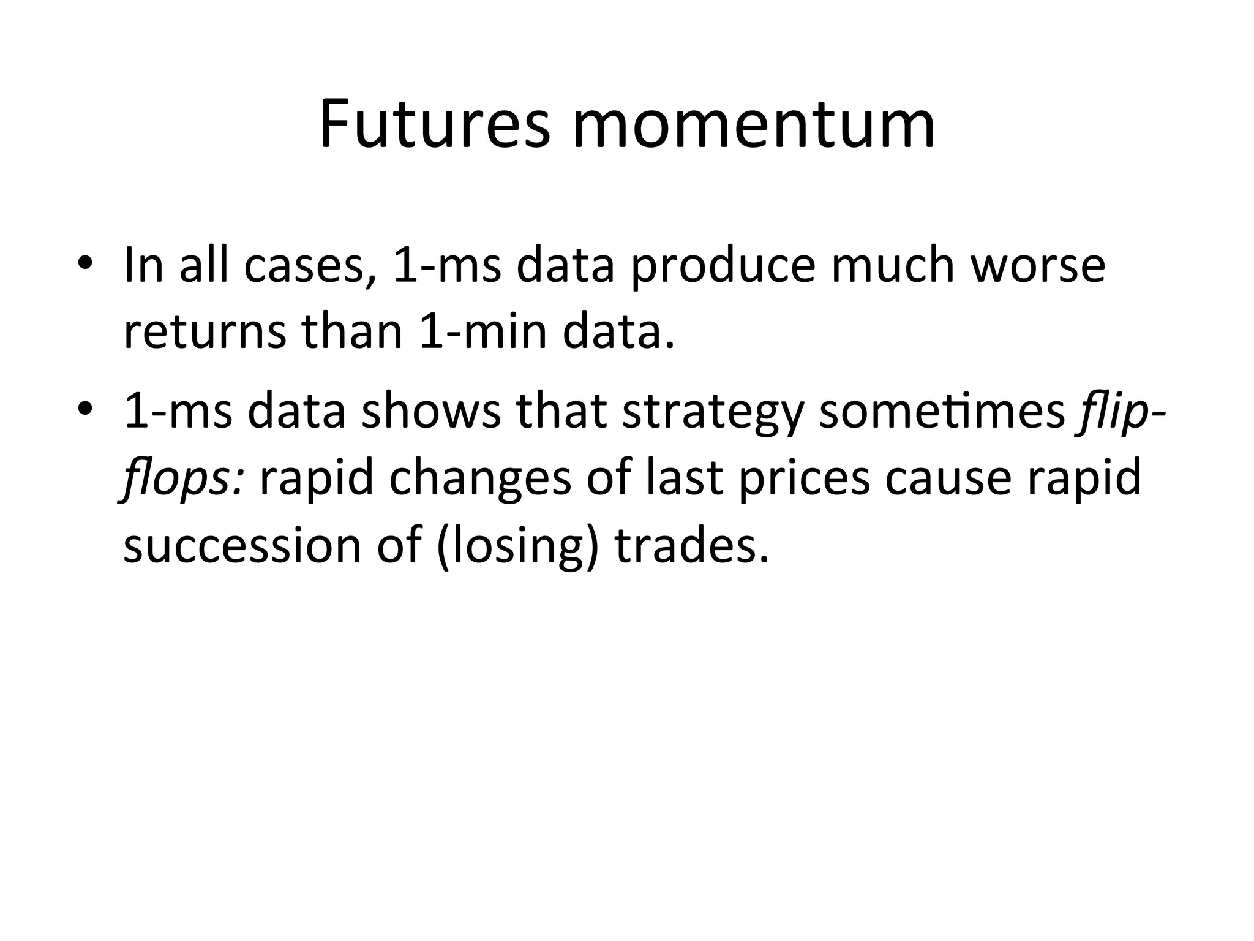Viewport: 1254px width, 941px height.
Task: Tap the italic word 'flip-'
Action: click(x=1120, y=412)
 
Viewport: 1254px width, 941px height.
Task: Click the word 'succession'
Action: click(x=242, y=545)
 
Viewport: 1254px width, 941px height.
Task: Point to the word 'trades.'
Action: click(x=691, y=545)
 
